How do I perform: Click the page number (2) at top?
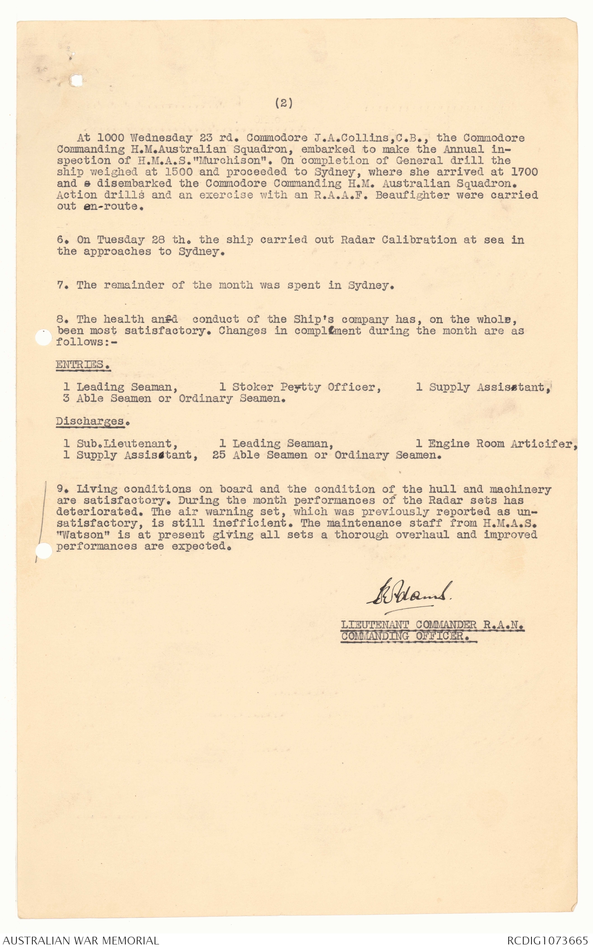click(284, 103)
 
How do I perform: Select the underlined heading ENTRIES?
click(83, 365)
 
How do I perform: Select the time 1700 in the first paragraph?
click(524, 172)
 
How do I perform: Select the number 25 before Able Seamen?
click(219, 455)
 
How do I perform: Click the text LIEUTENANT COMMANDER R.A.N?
click(432, 625)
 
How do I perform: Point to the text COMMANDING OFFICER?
click(408, 636)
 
